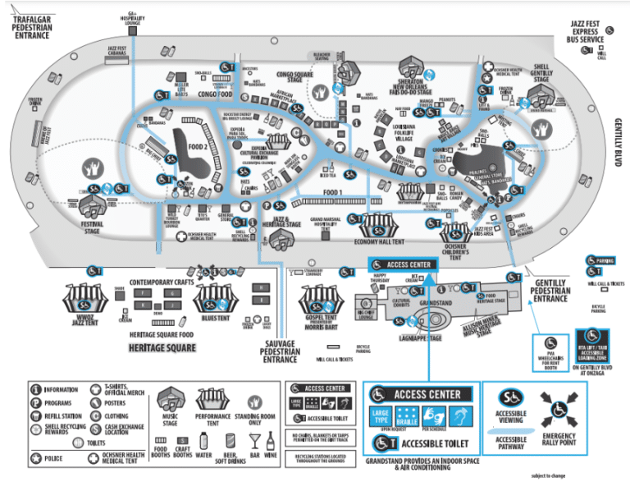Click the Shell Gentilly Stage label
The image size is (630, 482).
[549, 74]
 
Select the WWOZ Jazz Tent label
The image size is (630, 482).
[89, 319]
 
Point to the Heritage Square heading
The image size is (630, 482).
[162, 348]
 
